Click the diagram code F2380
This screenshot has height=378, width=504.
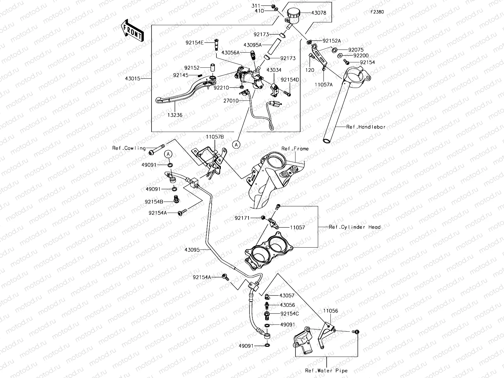coord(377,12)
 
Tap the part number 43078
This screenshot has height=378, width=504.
coord(318,13)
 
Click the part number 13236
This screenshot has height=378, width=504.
coord(175,115)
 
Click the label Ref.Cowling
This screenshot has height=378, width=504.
coord(129,148)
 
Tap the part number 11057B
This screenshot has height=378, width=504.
coord(215,137)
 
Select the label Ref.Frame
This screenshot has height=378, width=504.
coord(295,149)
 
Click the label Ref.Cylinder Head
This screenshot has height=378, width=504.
coord(354,227)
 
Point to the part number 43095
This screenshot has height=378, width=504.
coord(192,249)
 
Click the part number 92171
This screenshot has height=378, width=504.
coord(242,218)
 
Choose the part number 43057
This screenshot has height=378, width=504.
coord(287,296)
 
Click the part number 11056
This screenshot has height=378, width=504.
coord(330,311)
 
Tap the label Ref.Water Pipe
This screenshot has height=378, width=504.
coord(326,370)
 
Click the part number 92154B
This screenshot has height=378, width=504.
coord(154,202)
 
